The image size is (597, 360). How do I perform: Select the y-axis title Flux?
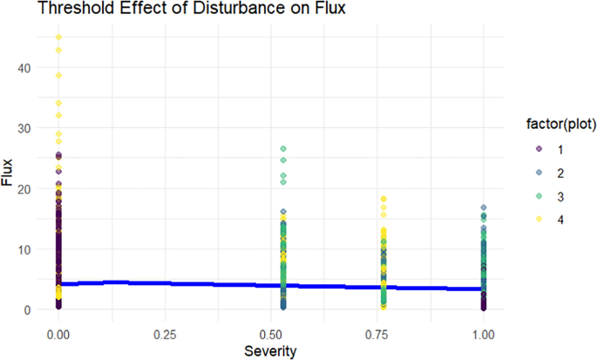point(7,173)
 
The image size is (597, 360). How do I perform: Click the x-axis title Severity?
point(270,351)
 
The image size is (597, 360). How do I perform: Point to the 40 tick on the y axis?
point(24,68)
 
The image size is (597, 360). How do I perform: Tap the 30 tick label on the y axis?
point(24,129)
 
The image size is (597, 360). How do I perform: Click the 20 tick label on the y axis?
point(24,189)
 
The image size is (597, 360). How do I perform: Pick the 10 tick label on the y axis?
point(24,250)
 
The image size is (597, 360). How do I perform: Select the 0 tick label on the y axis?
point(27,310)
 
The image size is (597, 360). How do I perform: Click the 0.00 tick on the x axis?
point(58,335)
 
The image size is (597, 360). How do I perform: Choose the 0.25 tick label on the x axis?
point(165,335)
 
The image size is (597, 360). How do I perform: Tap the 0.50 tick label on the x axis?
point(271,335)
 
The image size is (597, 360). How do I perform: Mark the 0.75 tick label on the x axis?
point(377,335)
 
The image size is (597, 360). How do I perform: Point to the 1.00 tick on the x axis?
point(484,335)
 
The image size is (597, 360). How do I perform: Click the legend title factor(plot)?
point(561,124)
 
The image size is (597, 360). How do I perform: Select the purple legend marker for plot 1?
point(539,149)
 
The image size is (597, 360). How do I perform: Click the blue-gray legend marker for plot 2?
point(539,173)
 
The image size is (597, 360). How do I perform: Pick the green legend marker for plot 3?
point(539,196)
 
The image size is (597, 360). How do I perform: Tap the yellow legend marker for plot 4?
point(539,219)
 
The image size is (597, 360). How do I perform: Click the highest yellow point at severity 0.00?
point(58,37)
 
